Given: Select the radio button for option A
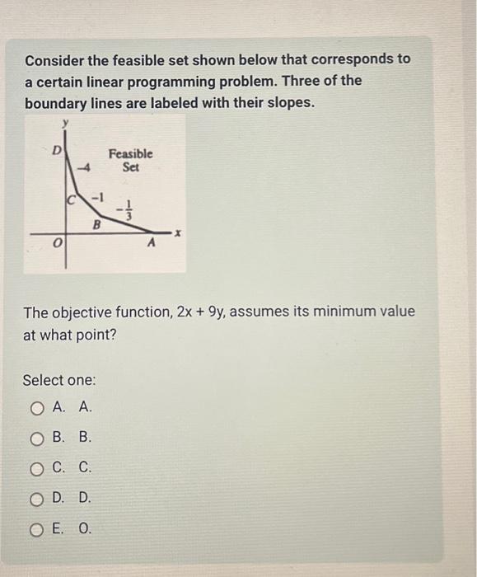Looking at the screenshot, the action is tap(36, 407).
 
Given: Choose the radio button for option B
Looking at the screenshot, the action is tap(36, 438).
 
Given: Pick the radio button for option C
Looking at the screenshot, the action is tap(36, 468).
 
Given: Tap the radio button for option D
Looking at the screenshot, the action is tap(36, 498).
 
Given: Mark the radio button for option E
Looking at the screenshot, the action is tap(36, 528).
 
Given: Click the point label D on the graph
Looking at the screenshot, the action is tap(57, 150).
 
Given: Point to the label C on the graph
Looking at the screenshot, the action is tap(72, 199).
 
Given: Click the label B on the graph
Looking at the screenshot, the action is tap(96, 223).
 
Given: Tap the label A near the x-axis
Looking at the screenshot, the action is tap(151, 244).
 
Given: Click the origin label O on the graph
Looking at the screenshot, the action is tap(56, 245).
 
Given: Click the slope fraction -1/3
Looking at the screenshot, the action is tap(124, 212).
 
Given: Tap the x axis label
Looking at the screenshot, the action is tap(176, 233).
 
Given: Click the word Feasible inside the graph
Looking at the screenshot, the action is tap(131, 153).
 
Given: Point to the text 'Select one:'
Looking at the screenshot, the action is tap(59, 380).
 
